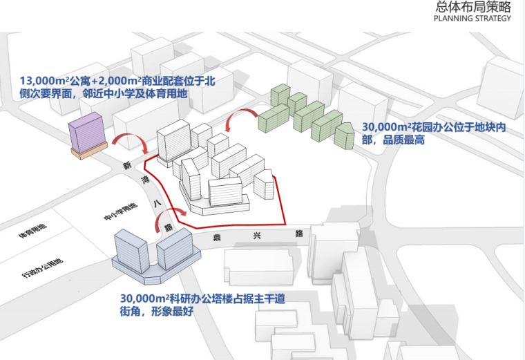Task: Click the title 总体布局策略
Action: point(472,8)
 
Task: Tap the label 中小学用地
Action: point(117,208)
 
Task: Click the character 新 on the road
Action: point(126,166)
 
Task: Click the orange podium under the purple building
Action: point(89,150)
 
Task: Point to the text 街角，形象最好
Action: point(155,311)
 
